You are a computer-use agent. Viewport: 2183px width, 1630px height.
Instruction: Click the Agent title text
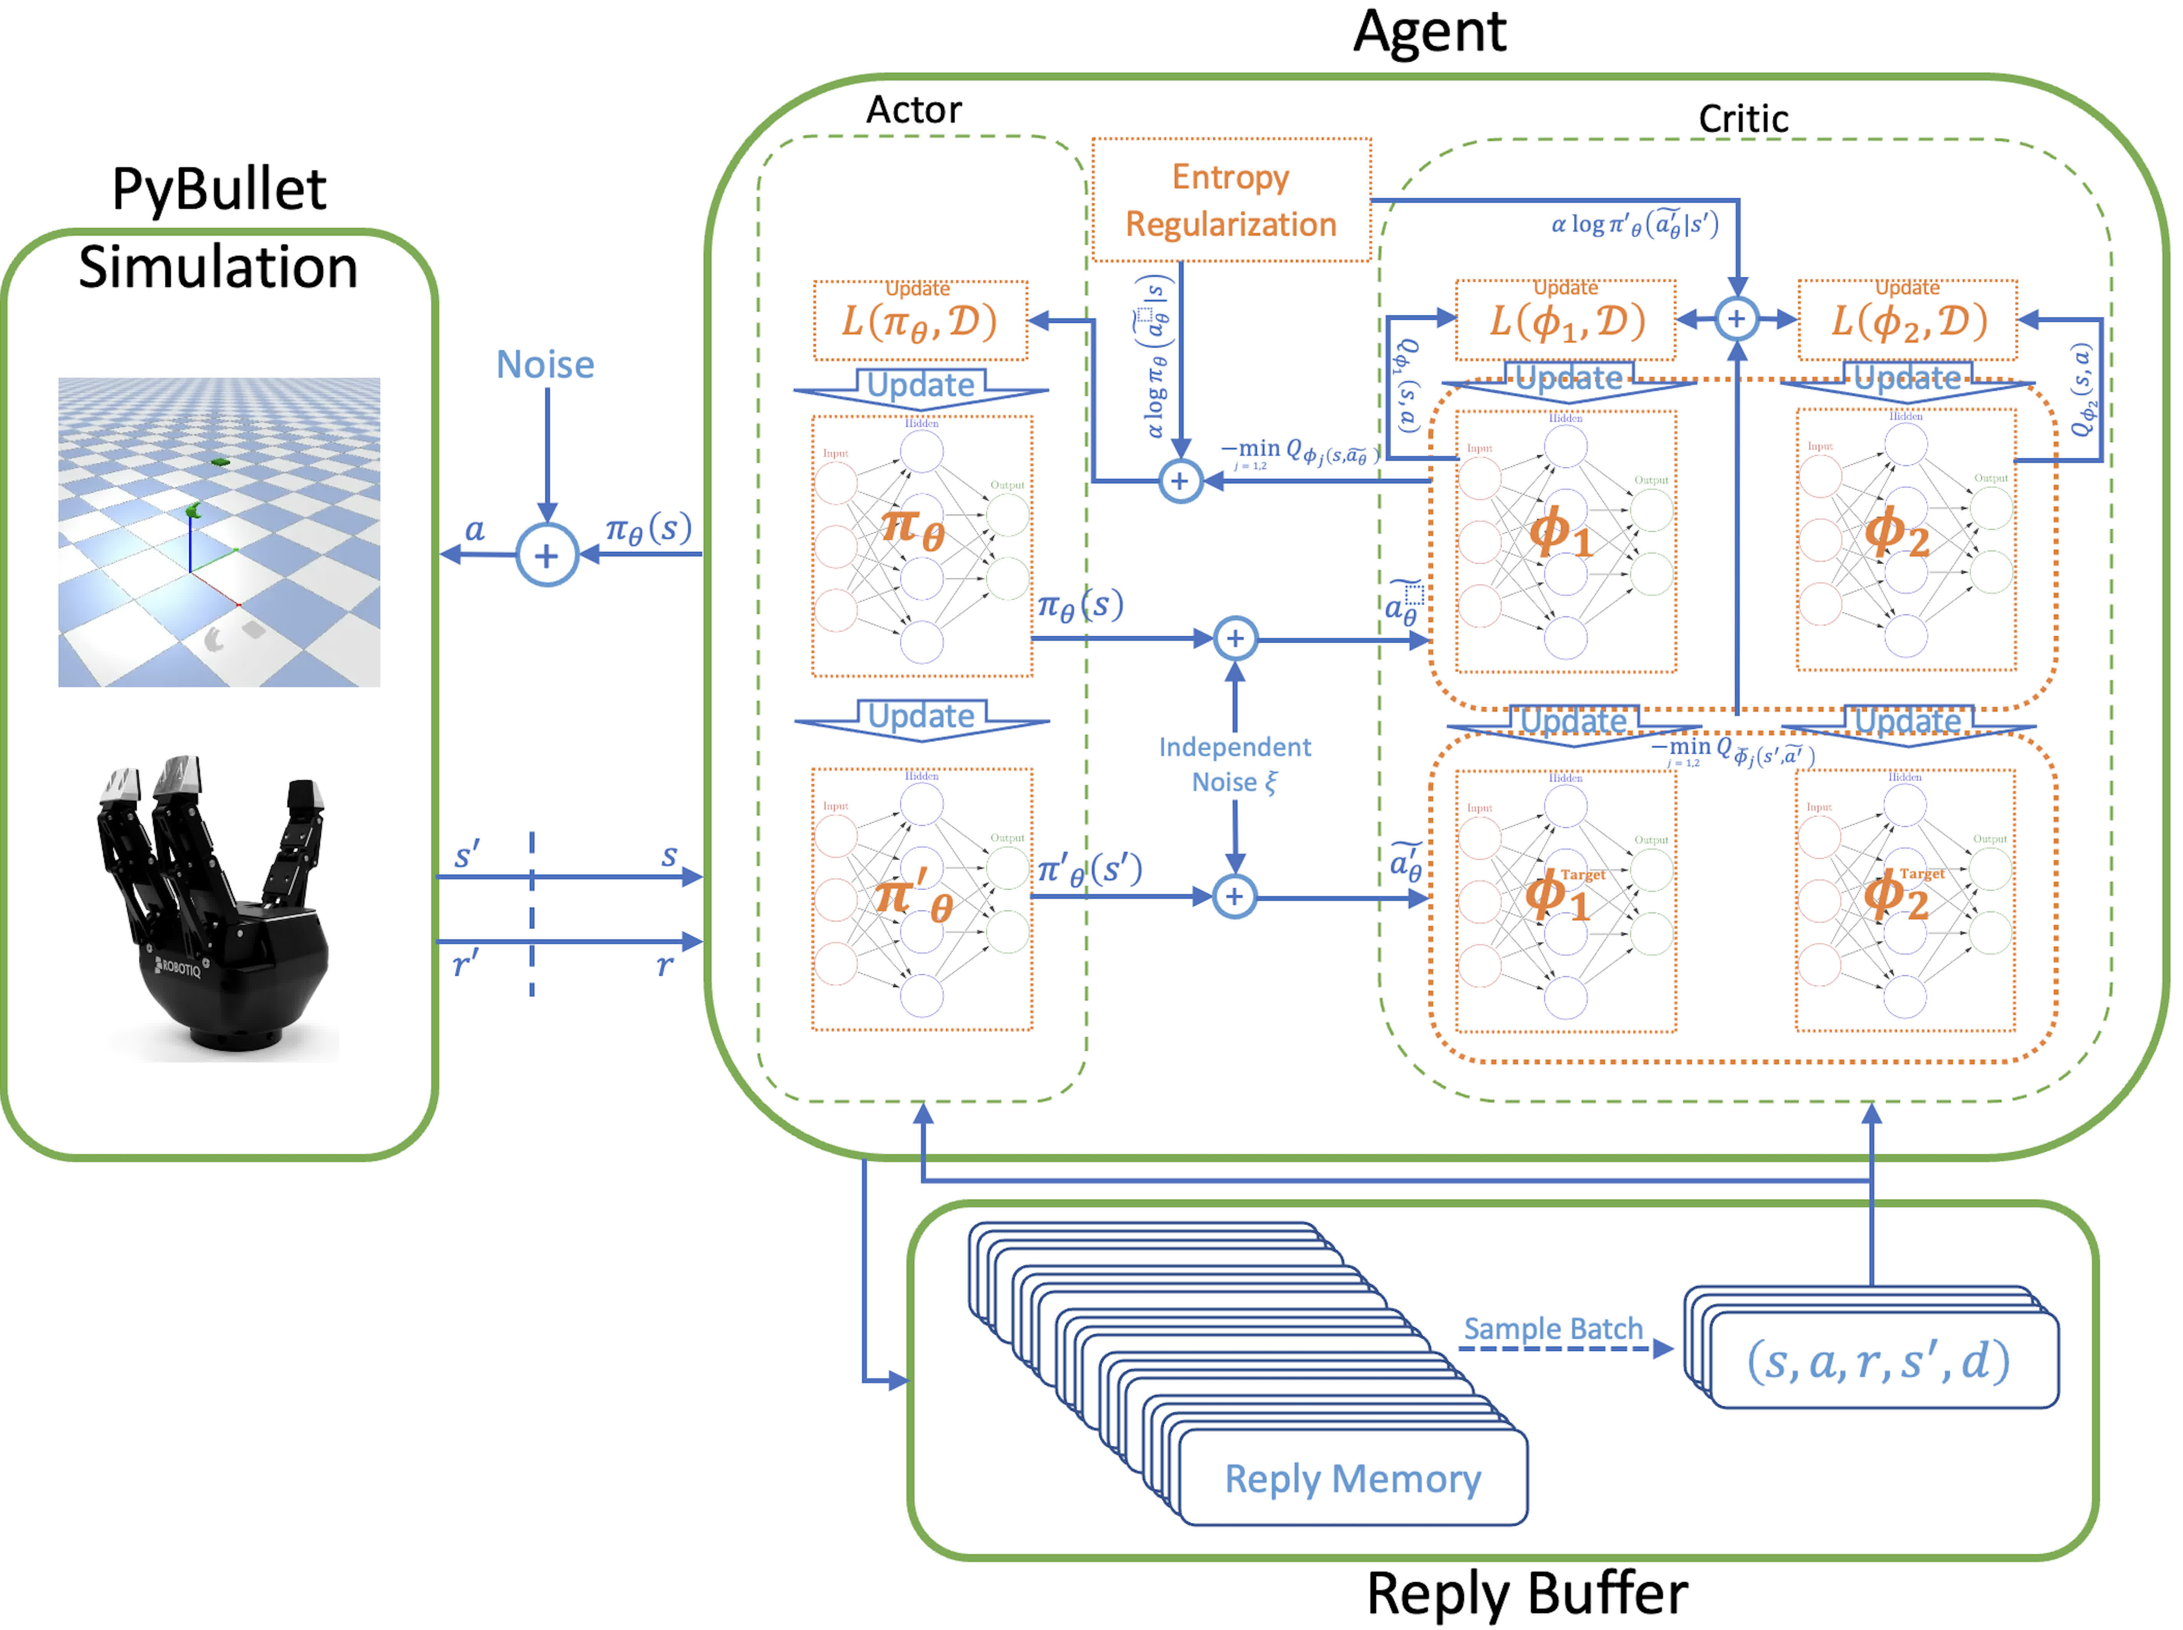pyautogui.click(x=1428, y=31)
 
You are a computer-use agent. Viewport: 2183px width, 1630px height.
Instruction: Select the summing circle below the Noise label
pyautogui.click(x=546, y=556)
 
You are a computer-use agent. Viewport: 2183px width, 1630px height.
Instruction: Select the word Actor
pyautogui.click(x=913, y=109)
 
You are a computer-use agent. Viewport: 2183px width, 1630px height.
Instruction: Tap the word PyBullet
pyautogui.click(x=219, y=189)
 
